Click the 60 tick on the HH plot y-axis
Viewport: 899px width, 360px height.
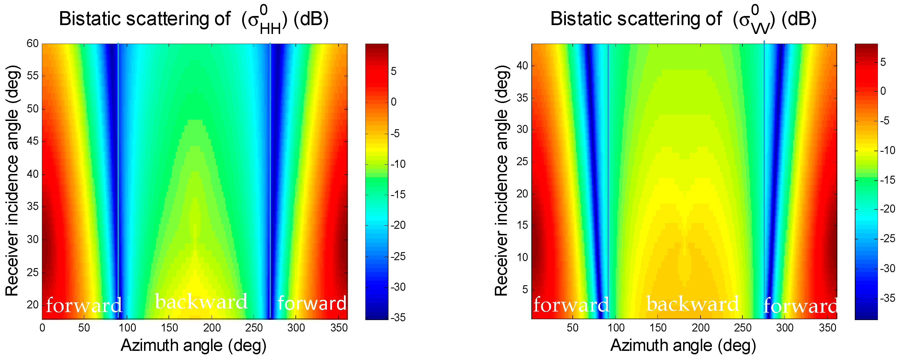coord(33,43)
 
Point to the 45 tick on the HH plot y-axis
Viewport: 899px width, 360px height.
coord(33,141)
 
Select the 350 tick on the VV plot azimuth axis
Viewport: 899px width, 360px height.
coord(827,327)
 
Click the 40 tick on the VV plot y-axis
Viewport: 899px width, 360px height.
coord(522,65)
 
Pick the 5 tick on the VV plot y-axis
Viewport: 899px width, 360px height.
coord(525,289)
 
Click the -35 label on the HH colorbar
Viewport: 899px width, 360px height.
coord(398,317)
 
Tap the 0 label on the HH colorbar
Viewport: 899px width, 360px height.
coord(394,102)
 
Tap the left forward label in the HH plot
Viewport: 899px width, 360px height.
coord(84,305)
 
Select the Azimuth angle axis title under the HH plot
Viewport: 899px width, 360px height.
coord(194,345)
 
